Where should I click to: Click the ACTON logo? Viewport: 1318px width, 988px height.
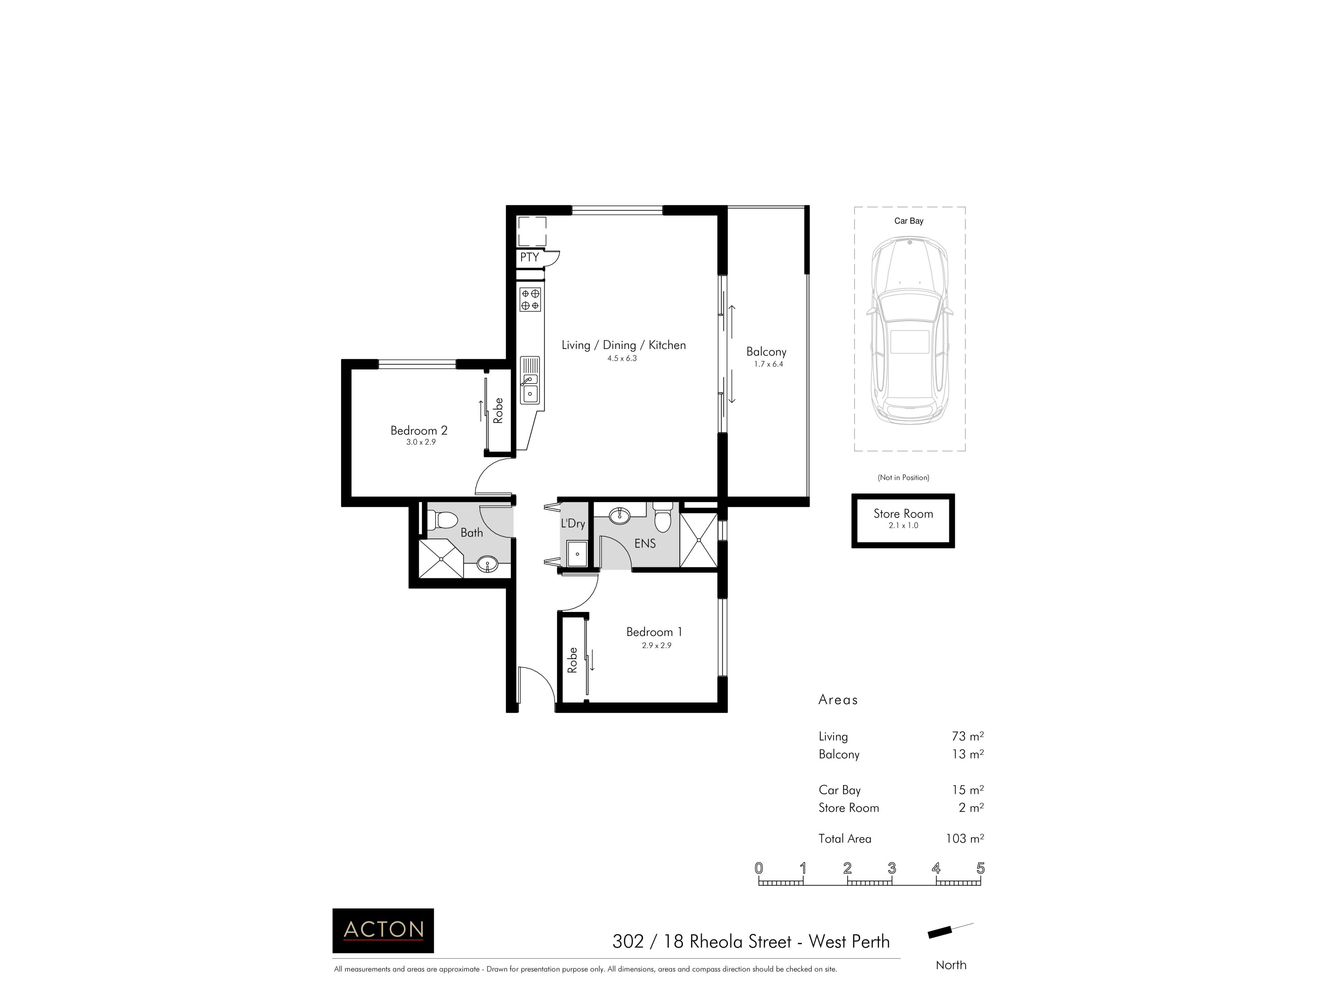tap(383, 930)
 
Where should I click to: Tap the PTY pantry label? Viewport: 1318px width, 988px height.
tap(529, 257)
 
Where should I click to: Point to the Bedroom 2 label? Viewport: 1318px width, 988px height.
tap(419, 430)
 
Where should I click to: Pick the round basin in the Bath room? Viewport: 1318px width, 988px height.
tap(487, 563)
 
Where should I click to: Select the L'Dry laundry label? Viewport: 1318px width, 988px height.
tap(573, 524)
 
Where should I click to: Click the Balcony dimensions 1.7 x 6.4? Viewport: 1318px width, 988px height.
tap(768, 364)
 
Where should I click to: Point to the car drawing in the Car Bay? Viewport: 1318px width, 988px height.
tap(909, 330)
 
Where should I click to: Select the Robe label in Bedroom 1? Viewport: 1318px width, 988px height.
tap(573, 660)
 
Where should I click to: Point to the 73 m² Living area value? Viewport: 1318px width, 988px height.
tap(968, 736)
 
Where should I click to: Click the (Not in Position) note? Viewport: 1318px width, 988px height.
tap(903, 478)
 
